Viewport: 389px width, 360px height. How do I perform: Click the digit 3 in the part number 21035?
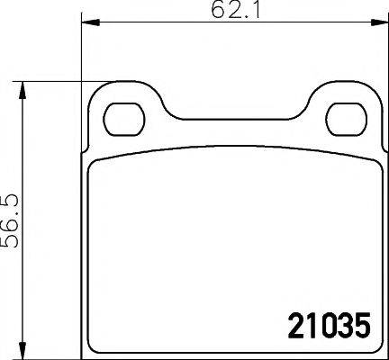click(341, 324)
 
